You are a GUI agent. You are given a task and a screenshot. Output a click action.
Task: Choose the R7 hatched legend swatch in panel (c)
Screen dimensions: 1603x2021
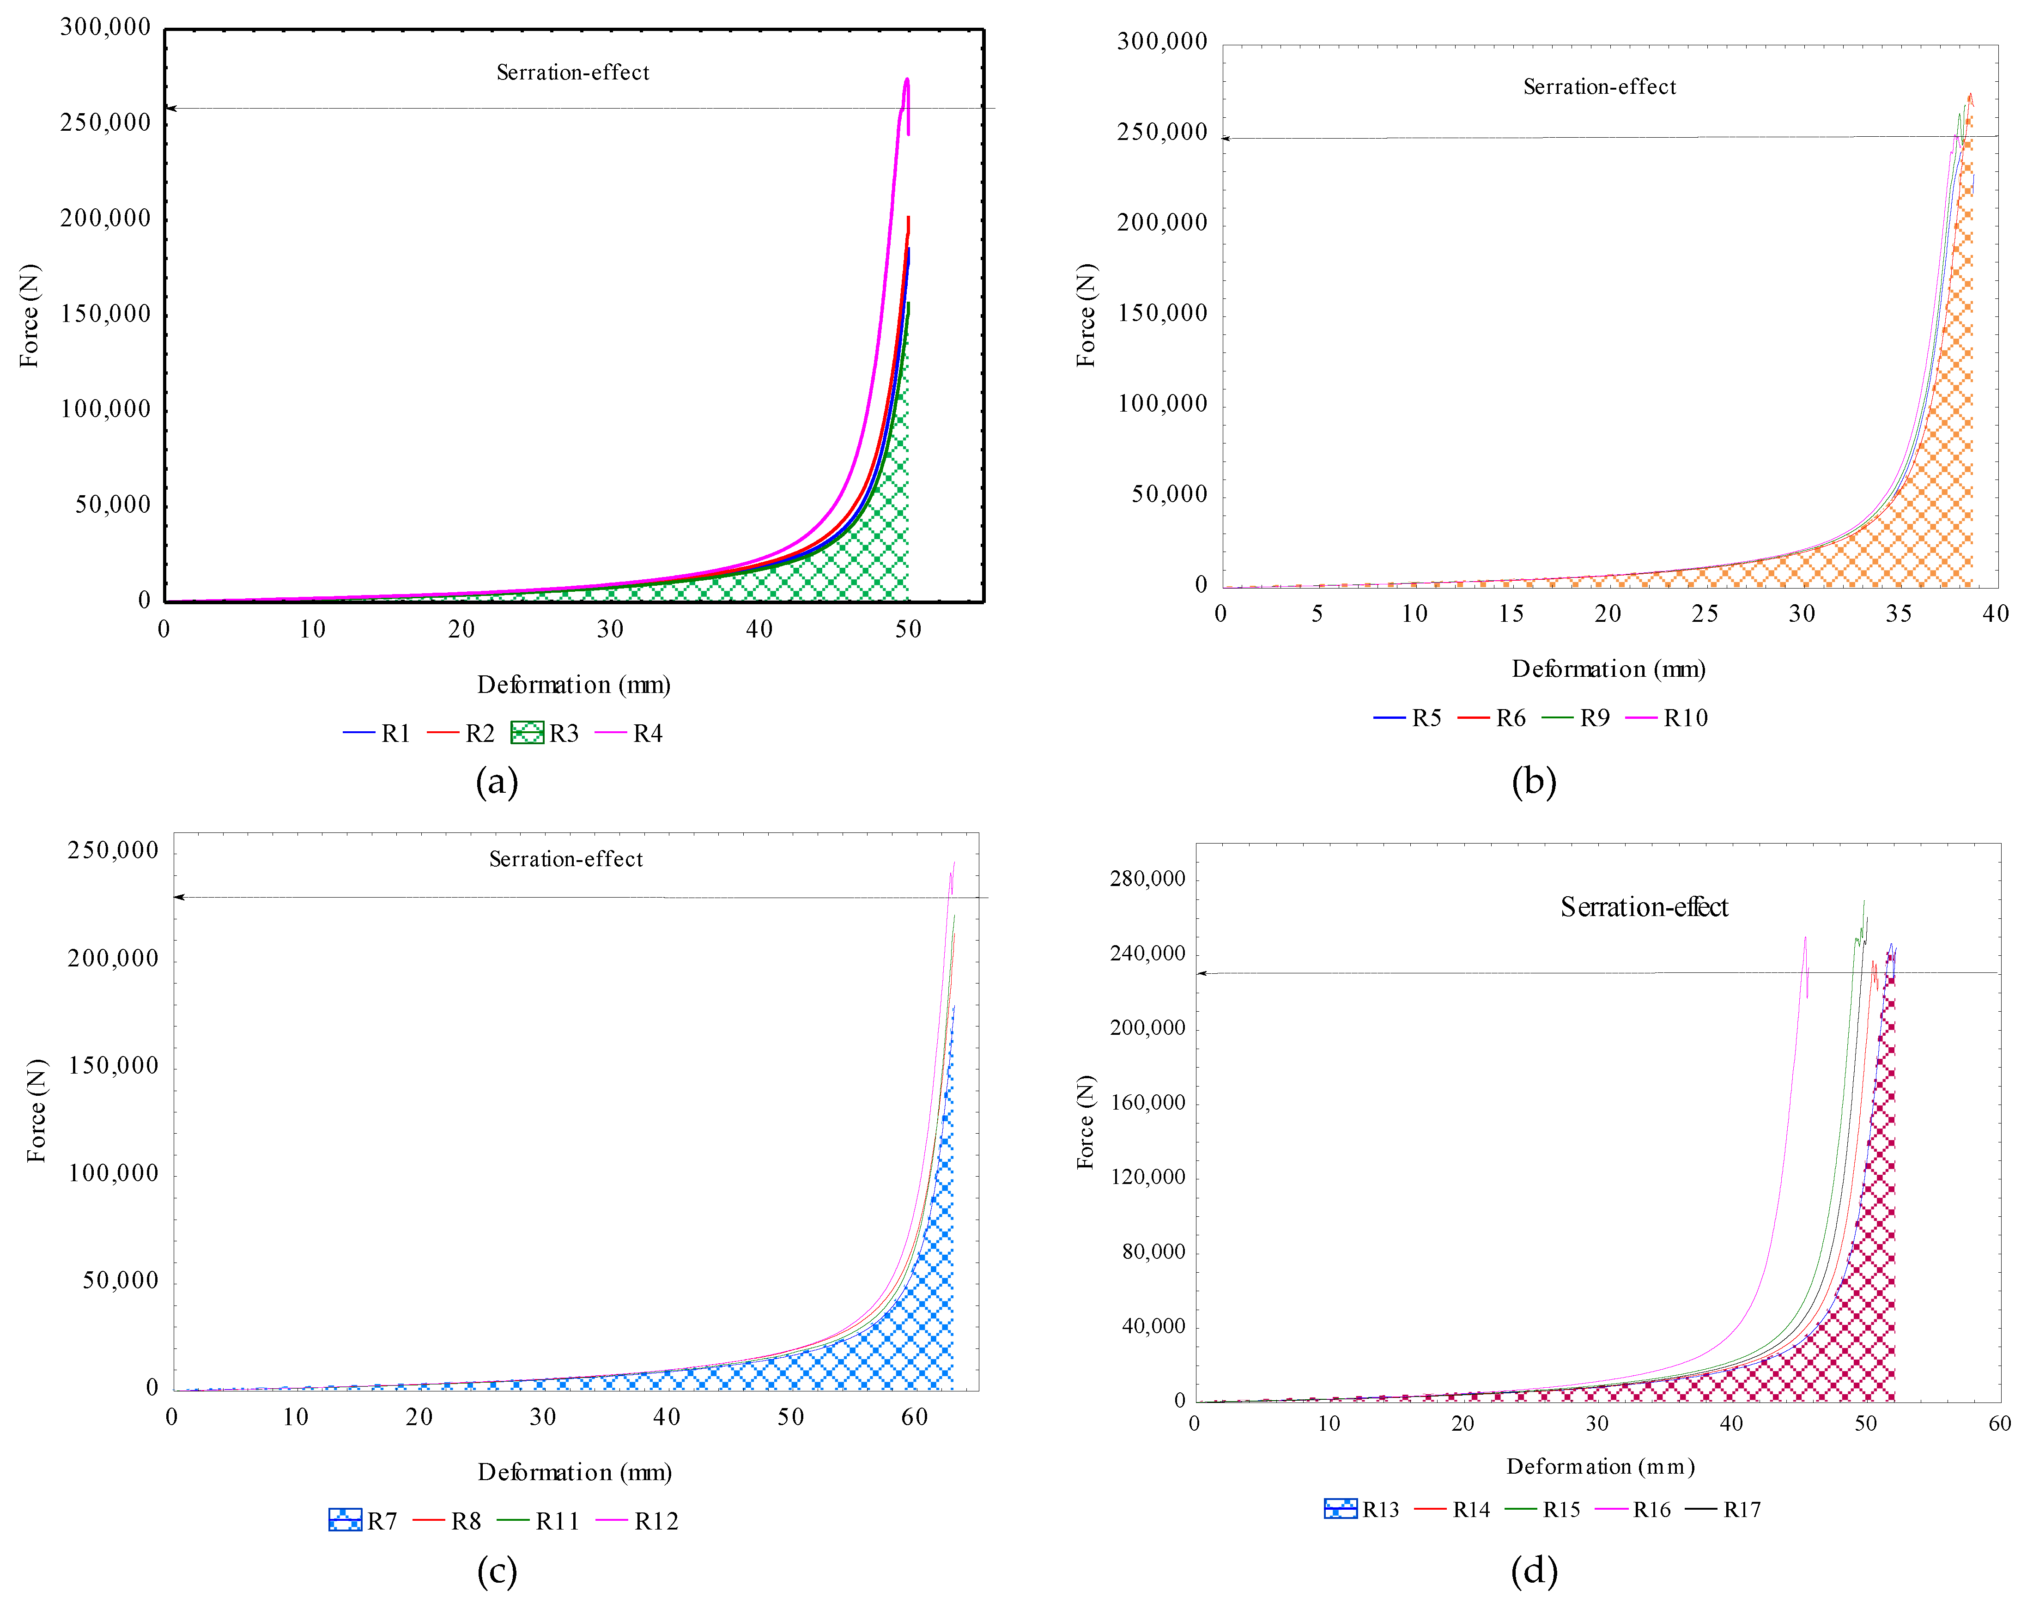tap(345, 1519)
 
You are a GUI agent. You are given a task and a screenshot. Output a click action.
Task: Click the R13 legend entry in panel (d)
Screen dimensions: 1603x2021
tap(1361, 1509)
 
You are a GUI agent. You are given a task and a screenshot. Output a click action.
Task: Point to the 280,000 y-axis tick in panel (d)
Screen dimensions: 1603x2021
tap(1147, 878)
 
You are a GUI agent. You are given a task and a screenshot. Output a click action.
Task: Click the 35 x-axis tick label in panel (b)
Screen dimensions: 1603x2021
tap(1898, 614)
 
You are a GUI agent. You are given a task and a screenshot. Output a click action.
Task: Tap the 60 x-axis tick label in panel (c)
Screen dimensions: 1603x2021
tap(914, 1416)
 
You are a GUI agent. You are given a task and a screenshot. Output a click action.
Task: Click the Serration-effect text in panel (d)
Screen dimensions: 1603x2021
tap(1644, 907)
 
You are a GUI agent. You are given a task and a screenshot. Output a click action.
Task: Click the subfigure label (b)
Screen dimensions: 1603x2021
tap(1534, 781)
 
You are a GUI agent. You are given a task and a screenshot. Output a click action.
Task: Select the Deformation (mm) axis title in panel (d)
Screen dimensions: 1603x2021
tap(1600, 1466)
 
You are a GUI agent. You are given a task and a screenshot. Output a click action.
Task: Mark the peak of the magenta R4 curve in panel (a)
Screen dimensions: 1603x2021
tap(906, 79)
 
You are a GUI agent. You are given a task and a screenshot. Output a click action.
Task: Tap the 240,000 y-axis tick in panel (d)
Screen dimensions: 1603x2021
tap(1147, 953)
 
